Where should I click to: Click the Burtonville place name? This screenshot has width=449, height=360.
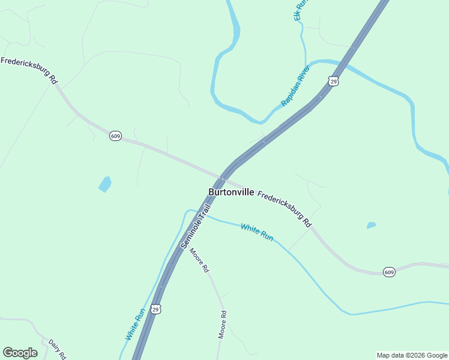tap(231, 192)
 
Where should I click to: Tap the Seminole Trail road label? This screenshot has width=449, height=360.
tap(196, 227)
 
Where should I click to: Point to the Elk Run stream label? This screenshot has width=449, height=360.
tap(300, 10)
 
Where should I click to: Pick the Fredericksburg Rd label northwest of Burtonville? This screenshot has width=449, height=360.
tap(29, 70)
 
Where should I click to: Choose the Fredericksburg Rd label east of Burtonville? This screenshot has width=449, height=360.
tap(285, 208)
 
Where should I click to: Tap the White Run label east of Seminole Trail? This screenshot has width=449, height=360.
tap(257, 232)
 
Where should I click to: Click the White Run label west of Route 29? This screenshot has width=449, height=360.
tap(135, 324)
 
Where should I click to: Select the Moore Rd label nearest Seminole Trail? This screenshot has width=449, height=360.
tap(199, 258)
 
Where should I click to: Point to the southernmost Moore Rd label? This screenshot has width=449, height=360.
tap(221, 325)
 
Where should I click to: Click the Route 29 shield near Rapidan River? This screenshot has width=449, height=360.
tap(333, 80)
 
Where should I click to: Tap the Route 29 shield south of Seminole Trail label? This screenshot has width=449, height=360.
tap(155, 310)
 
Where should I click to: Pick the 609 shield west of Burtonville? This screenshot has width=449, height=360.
tap(116, 136)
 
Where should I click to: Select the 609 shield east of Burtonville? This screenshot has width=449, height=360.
tap(389, 271)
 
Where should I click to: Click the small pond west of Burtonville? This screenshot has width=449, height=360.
tap(105, 184)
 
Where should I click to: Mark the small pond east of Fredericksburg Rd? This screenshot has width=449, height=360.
tap(371, 226)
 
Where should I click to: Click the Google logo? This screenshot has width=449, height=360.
tap(20, 353)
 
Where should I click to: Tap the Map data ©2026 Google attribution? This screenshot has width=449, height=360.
tap(412, 355)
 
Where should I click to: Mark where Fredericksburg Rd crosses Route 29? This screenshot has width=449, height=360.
tap(223, 179)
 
